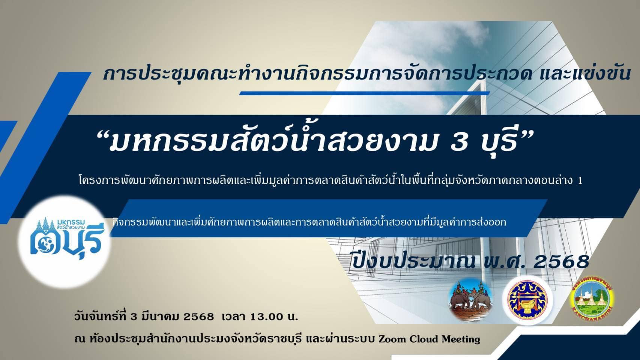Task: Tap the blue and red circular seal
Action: click(x=527, y=300)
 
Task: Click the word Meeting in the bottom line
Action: click(x=461, y=339)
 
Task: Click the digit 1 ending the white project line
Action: click(x=580, y=181)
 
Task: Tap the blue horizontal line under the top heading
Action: click(x=365, y=93)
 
